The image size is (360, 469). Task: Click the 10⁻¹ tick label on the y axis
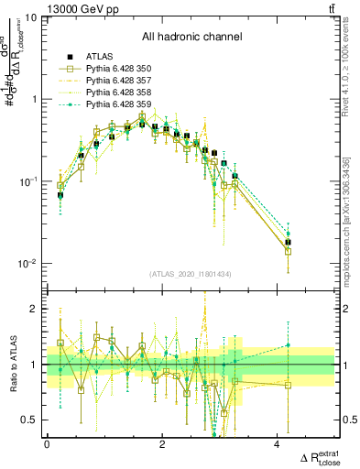pos(29,181)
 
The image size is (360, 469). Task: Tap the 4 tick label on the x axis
pos(277,443)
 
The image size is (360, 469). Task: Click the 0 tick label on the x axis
pos(47,443)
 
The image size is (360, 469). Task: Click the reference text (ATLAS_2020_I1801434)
pos(191,275)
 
